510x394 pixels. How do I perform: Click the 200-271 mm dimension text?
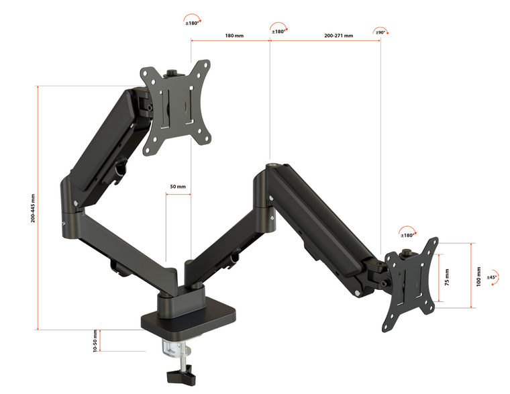pyautogui.click(x=338, y=35)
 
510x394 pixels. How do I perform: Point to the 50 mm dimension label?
pyautogui.click(x=178, y=186)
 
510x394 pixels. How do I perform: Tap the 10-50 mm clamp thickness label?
pyautogui.click(x=95, y=340)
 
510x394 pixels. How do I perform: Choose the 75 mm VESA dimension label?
pyautogui.click(x=448, y=276)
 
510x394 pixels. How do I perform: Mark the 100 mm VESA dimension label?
pyautogui.click(x=478, y=276)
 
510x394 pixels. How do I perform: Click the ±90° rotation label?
pyautogui.click(x=380, y=32)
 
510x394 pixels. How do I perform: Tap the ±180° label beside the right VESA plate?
pyautogui.click(x=407, y=235)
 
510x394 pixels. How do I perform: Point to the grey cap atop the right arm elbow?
pyautogui.click(x=272, y=163)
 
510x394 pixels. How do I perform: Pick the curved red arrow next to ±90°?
pyautogui.click(x=384, y=31)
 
